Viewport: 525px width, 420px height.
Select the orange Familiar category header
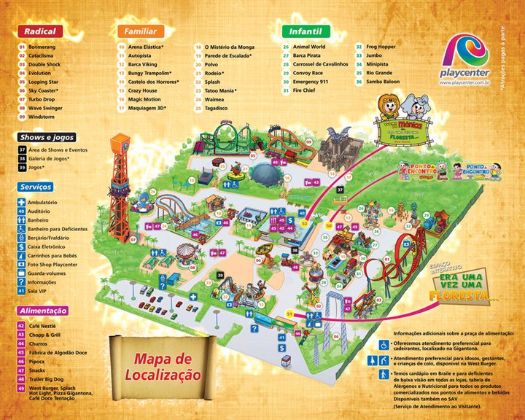pyautogui.click(x=139, y=31)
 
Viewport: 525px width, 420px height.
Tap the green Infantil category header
pyautogui.click(x=306, y=31)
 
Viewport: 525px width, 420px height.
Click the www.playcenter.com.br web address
pyautogui.click(x=465, y=82)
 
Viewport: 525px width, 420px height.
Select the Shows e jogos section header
pyautogui.click(x=46, y=137)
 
